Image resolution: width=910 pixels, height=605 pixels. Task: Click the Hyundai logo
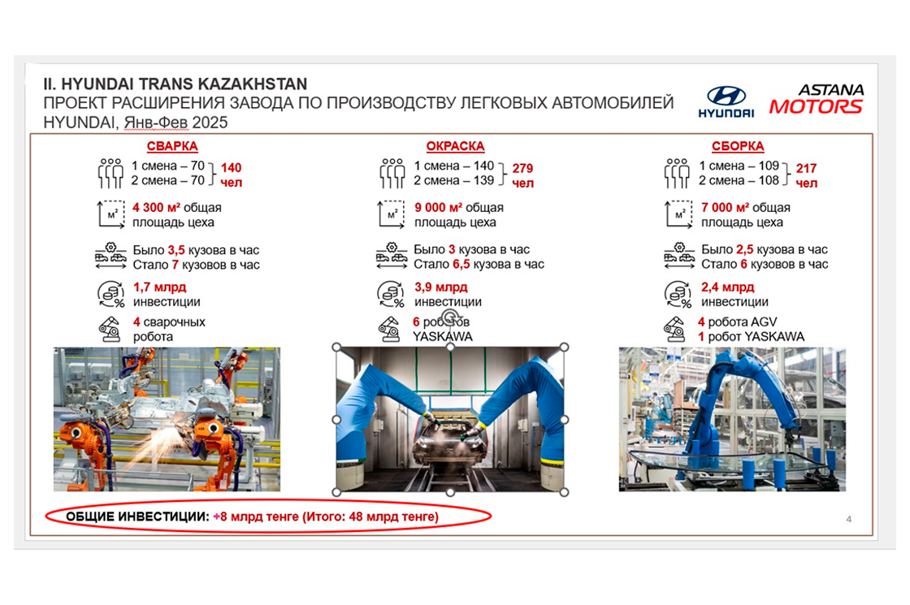point(726,102)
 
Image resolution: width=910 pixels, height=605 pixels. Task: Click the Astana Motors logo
point(816,98)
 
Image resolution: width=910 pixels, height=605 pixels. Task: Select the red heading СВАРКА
point(171,146)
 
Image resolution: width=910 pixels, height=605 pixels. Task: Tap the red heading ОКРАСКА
point(455,146)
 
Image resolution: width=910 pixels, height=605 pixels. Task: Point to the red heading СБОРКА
point(738,146)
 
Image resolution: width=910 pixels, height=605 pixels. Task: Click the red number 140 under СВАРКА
point(231,167)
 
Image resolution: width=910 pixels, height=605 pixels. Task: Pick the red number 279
point(522,168)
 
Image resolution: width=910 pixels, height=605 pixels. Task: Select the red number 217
point(806,168)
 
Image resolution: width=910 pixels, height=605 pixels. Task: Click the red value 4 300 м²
point(156,207)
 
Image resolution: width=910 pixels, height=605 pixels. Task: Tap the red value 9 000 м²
point(438,207)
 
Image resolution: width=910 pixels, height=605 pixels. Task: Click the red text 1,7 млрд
point(159,287)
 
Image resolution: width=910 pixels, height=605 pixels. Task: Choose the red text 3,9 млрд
point(440,287)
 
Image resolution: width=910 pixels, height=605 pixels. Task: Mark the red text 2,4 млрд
point(728,287)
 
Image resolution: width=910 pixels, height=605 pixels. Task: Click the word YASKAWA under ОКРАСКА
point(442,336)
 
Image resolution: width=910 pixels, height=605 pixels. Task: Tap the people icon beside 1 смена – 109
point(677,174)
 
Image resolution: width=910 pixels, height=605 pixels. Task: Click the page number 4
point(848,519)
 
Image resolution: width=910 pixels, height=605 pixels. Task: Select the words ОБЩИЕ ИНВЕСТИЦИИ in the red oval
point(137,516)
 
